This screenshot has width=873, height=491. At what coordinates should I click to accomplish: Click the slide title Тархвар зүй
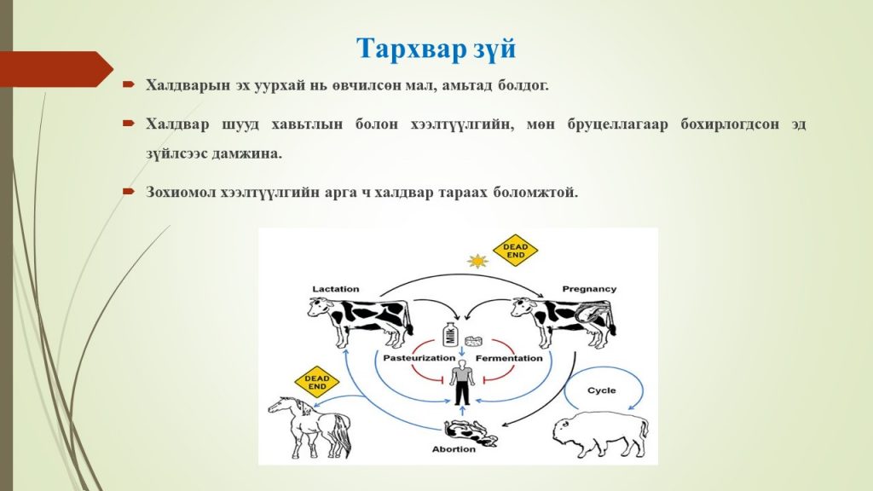tap(436, 49)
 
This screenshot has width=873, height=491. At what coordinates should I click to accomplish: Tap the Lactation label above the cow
tap(335, 289)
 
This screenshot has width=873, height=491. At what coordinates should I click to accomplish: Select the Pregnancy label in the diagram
tap(589, 289)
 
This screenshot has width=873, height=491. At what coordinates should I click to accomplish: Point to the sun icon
tap(477, 261)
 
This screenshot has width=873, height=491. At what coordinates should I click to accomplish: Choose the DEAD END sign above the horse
tap(317, 382)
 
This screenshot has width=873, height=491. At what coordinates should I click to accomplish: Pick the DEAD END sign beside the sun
tap(516, 251)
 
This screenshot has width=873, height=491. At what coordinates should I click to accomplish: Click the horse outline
tap(309, 426)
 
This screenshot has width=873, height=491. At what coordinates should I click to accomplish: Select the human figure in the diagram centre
tap(461, 382)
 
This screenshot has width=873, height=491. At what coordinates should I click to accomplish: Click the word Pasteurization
tap(419, 358)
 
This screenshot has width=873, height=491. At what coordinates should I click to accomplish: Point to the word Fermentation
tap(508, 358)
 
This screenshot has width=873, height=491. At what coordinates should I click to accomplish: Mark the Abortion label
tap(454, 449)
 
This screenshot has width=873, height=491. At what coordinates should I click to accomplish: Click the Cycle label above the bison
tap(602, 390)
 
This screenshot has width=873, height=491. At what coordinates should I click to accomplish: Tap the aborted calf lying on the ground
tap(471, 431)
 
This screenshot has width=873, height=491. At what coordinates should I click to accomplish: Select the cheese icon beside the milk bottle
tap(473, 341)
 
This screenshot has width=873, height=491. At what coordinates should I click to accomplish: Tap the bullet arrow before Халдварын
tap(129, 84)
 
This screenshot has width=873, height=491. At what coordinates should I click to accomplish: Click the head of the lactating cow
tap(319, 307)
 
